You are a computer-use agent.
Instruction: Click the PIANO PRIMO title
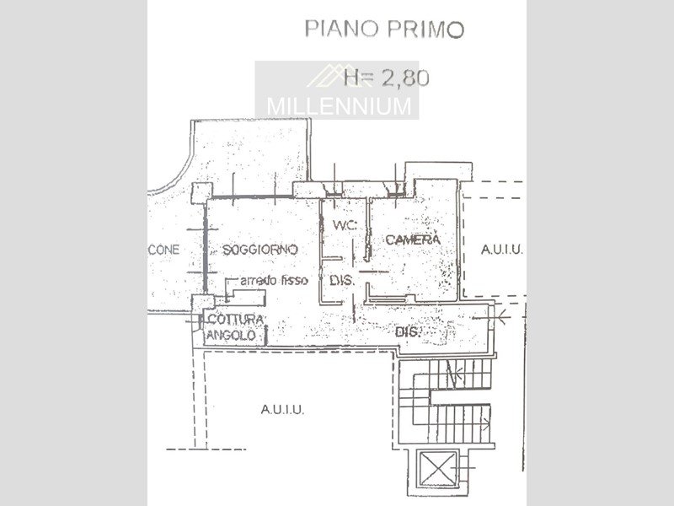click(384, 30)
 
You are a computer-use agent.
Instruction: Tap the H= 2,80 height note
click(387, 78)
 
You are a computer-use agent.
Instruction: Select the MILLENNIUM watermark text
click(339, 106)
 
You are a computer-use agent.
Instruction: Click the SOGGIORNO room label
click(260, 250)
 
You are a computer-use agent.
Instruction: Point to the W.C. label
click(345, 224)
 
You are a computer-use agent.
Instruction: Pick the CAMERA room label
click(413, 240)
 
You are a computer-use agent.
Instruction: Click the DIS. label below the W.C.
click(342, 281)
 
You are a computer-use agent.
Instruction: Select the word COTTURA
click(236, 320)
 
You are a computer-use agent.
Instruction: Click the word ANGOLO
click(231, 335)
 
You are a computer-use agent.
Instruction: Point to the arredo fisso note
click(275, 281)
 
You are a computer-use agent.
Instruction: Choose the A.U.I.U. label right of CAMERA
click(501, 250)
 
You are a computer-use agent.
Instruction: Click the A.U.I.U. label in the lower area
click(282, 410)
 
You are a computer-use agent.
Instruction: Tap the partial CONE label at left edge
click(163, 250)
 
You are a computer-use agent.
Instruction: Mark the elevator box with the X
click(438, 468)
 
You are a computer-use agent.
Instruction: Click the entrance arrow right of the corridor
click(491, 318)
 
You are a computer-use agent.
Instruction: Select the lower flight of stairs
click(460, 424)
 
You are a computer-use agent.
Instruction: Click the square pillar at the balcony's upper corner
click(201, 193)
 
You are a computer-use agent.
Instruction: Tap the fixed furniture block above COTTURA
click(246, 298)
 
